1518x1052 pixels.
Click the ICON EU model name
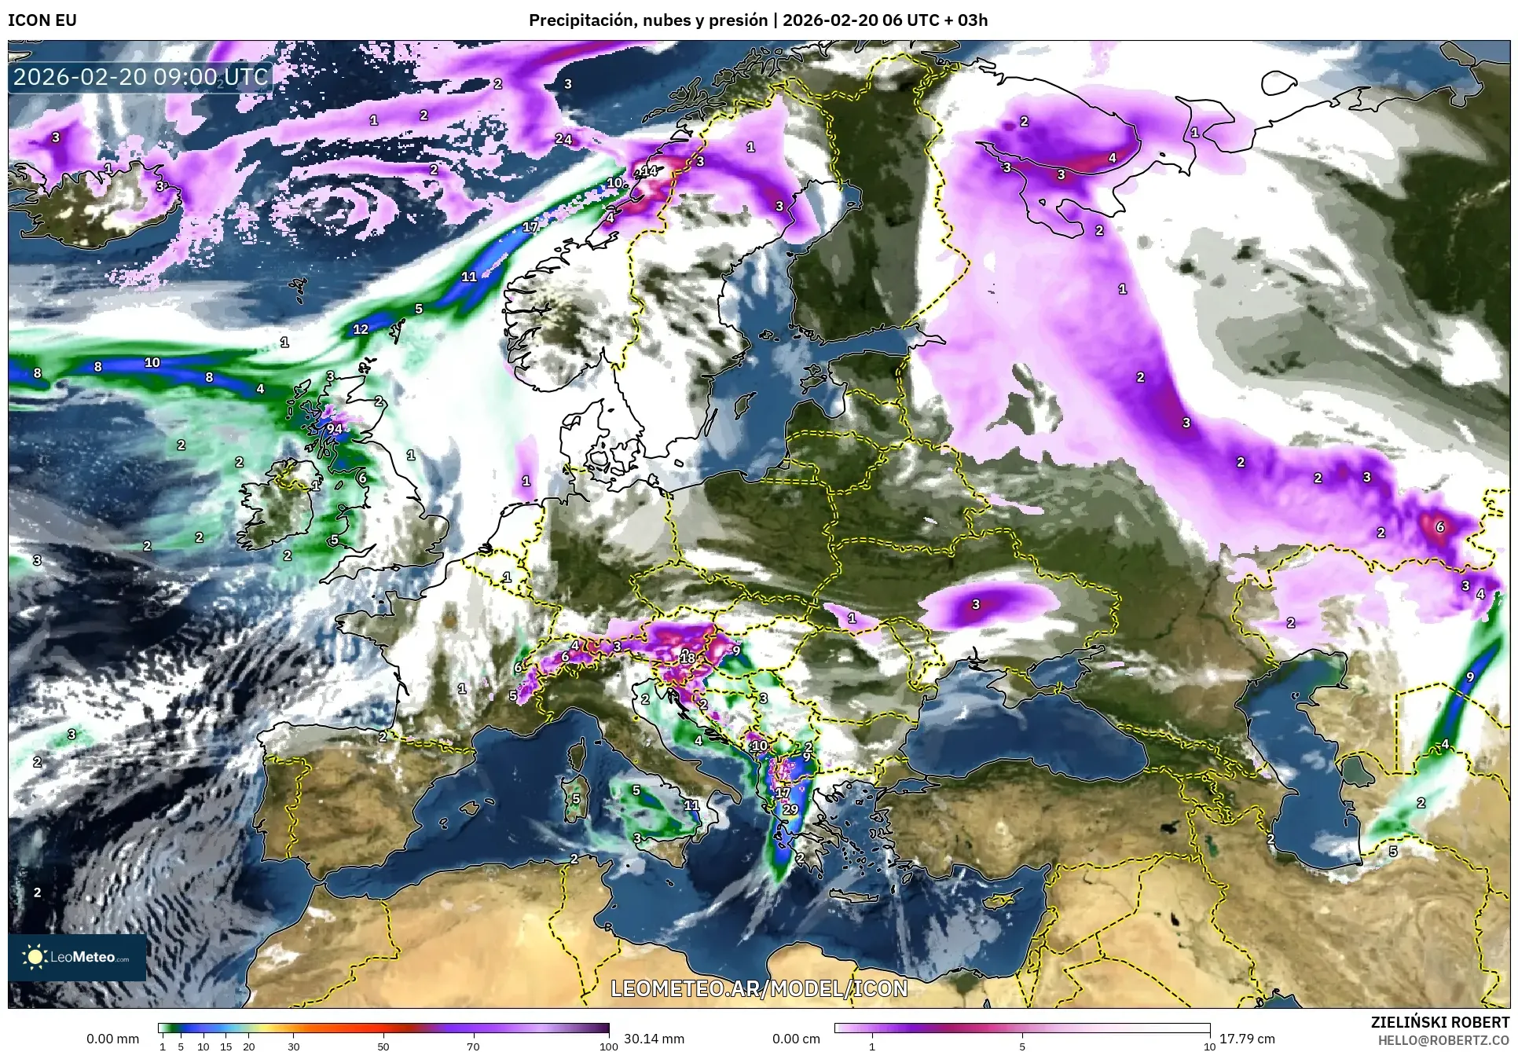[x=42, y=20]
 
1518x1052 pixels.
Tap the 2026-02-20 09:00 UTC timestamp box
[x=141, y=77]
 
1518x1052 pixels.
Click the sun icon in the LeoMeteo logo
[x=35, y=956]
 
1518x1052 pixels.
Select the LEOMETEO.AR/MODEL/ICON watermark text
[x=759, y=988]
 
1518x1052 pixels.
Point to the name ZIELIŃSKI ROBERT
[x=1439, y=1022]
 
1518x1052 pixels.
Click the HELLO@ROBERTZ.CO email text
[x=1443, y=1039]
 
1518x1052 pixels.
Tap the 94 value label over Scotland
[x=335, y=428]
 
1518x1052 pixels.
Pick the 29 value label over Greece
[x=790, y=809]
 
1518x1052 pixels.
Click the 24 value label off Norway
[x=563, y=140]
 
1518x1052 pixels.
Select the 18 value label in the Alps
[x=687, y=657]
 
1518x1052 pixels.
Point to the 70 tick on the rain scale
[x=473, y=1046]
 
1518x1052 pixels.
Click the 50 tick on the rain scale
[x=383, y=1046]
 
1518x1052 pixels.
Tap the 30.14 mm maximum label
[x=654, y=1039]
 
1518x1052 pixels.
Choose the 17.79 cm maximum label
[x=1247, y=1039]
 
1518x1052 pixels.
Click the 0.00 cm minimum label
[x=796, y=1039]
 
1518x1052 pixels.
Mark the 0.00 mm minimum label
[x=112, y=1039]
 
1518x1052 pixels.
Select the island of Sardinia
[x=575, y=798]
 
